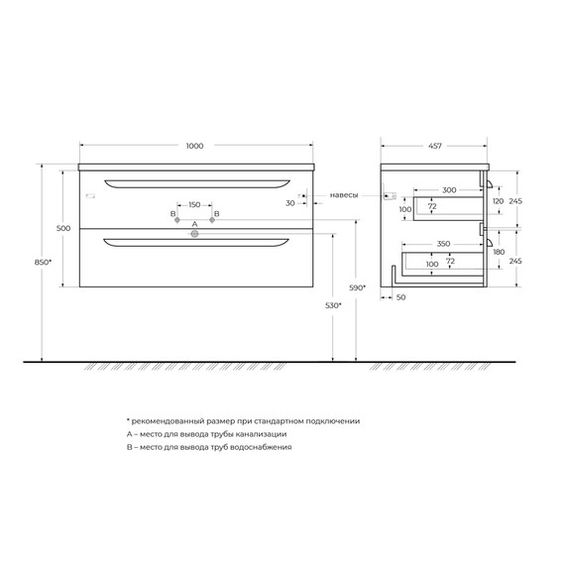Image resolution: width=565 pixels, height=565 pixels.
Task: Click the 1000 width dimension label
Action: point(194,147)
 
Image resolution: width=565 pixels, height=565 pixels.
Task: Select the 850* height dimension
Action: point(43,263)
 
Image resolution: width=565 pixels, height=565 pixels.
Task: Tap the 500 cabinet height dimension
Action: point(64,228)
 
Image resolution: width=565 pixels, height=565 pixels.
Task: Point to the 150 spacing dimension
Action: point(194,205)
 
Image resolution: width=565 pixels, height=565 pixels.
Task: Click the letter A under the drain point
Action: point(194,224)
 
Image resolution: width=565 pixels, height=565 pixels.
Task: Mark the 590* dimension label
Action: point(358,287)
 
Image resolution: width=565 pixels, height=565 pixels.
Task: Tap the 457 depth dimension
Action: point(436,147)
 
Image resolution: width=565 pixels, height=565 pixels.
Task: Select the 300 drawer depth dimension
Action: point(448,188)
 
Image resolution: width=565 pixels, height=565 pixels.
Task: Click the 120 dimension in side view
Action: point(499,199)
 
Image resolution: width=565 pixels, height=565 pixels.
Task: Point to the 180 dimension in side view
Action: point(499,253)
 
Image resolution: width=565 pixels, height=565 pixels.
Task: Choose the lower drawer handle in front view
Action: point(194,241)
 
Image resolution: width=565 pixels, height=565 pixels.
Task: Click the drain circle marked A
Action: point(194,235)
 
